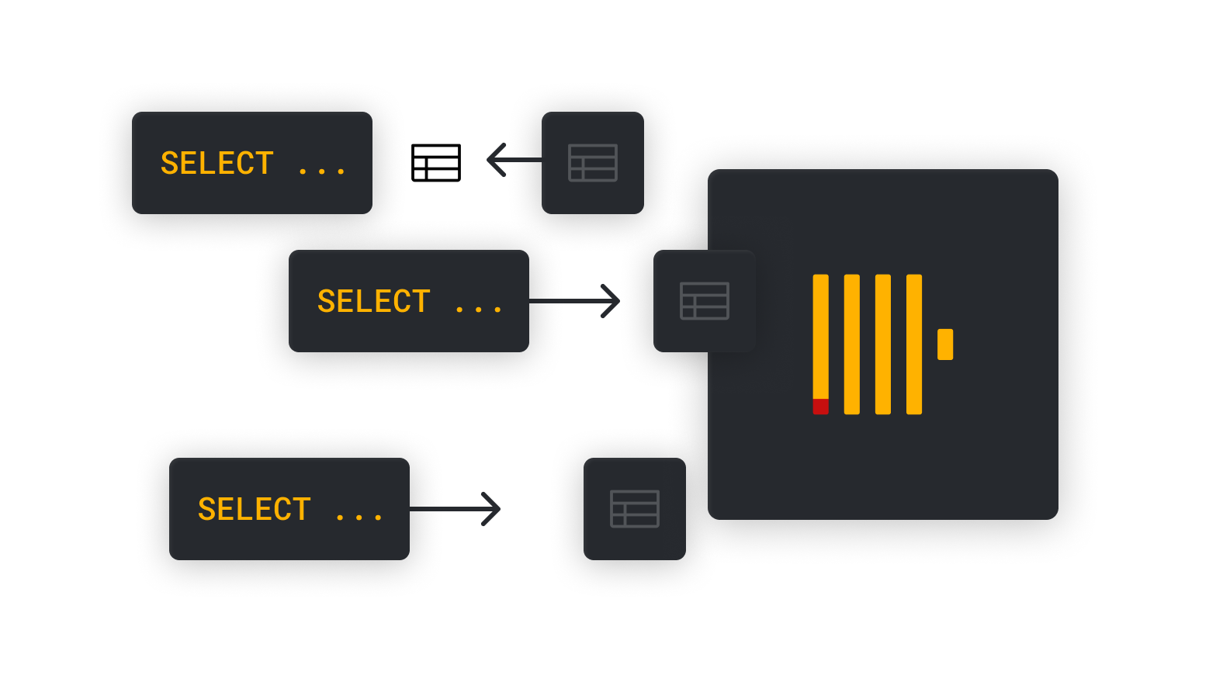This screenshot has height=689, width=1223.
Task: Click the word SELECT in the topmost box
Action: [217, 164]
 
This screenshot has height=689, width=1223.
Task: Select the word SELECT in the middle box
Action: [373, 302]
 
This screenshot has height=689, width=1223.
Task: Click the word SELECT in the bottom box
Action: [254, 510]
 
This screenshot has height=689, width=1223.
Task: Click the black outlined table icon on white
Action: [436, 163]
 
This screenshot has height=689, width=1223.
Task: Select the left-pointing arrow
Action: [512, 160]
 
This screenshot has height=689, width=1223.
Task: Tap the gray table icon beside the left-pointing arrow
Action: [593, 163]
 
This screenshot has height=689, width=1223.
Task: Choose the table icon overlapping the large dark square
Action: [705, 301]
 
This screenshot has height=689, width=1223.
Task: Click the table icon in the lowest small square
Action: [635, 509]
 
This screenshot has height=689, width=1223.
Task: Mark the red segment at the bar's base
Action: [820, 407]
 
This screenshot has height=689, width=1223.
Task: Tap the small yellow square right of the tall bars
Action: [945, 344]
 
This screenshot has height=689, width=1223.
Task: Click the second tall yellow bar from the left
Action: [852, 344]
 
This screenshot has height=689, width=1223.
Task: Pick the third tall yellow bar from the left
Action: [883, 344]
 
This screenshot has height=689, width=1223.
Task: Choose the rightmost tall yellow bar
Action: [914, 344]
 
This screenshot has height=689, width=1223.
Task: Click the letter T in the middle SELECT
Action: [421, 302]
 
